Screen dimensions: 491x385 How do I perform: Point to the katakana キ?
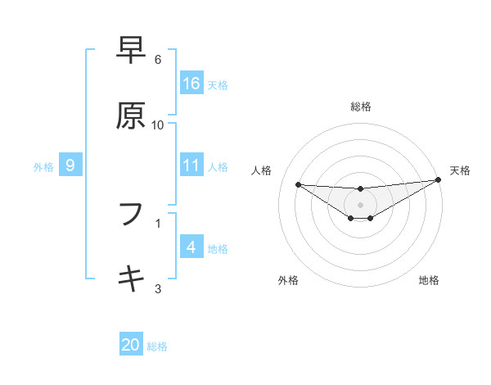click(131, 279)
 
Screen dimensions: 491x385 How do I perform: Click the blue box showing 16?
click(191, 84)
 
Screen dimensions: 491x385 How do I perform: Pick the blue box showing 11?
click(191, 165)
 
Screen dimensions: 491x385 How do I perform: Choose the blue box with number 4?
click(191, 247)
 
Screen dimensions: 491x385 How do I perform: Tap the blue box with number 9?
click(70, 165)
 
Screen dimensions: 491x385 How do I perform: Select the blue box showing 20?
click(131, 345)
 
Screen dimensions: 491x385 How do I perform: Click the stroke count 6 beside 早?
click(158, 60)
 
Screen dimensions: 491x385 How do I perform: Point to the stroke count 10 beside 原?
click(158, 125)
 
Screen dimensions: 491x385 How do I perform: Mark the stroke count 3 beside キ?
click(158, 288)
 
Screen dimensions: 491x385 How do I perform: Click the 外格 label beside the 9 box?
click(43, 166)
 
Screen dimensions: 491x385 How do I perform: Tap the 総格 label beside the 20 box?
click(157, 346)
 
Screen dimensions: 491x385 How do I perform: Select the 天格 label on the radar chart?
click(460, 170)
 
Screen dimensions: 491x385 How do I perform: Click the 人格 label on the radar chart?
click(263, 170)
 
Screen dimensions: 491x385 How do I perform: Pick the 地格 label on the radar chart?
click(429, 280)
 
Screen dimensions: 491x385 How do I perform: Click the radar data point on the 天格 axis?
click(438, 180)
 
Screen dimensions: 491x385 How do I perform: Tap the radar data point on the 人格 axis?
click(298, 184)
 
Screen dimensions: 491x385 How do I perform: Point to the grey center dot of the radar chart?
click(360, 204)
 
